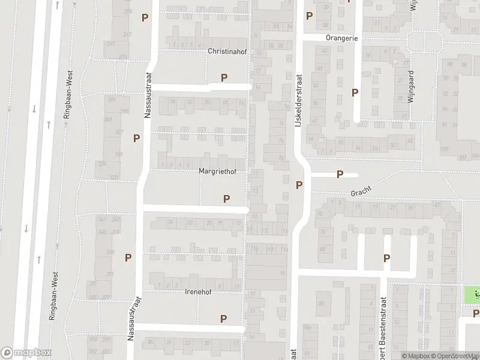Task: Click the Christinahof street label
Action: click(227, 52)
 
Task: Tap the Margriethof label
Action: click(217, 171)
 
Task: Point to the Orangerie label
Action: click(341, 37)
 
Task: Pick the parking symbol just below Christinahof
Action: click(224, 77)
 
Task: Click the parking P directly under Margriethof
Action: click(227, 199)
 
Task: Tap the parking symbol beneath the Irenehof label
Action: click(224, 319)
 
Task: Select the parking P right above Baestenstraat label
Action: click(387, 259)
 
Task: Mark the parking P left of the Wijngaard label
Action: click(355, 92)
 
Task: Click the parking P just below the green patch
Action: click(476, 313)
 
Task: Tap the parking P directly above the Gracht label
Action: click(340, 175)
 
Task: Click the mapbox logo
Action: click(26, 353)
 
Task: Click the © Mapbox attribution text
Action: click(416, 356)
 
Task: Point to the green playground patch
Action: click(472, 295)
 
